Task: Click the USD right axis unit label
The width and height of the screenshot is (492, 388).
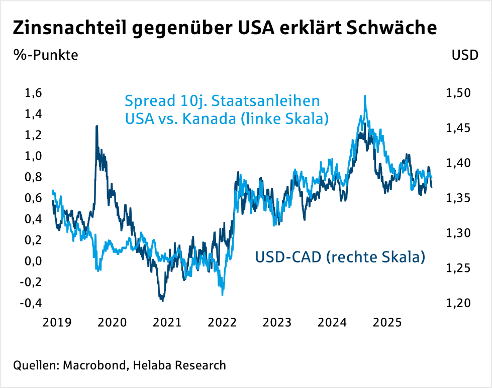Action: click(x=465, y=55)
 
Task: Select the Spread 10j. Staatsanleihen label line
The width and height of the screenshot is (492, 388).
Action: click(x=222, y=101)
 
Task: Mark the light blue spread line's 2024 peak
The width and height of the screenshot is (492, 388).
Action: click(x=365, y=96)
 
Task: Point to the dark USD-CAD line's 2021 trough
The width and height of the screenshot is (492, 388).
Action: click(x=162, y=300)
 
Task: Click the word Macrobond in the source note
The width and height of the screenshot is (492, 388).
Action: click(x=93, y=365)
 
